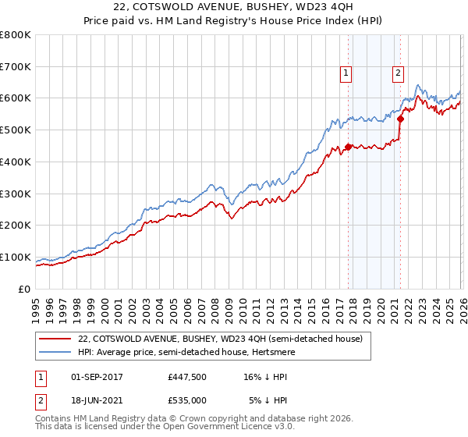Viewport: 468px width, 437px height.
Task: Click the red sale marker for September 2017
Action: tap(348, 147)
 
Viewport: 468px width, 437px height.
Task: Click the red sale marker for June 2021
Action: tap(400, 119)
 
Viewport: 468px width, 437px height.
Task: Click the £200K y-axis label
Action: tap(16, 226)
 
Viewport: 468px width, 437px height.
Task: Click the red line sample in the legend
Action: tap(55, 339)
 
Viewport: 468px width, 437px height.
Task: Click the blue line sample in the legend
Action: tap(55, 352)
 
